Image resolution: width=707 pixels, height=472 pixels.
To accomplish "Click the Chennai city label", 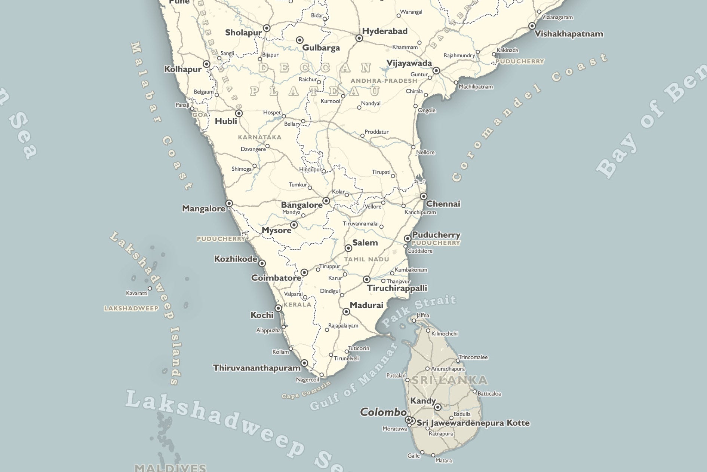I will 443,204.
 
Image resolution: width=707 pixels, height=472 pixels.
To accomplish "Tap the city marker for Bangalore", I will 326,201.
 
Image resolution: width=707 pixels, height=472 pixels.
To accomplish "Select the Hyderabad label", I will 385,31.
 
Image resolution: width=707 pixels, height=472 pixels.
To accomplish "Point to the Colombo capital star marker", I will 409,420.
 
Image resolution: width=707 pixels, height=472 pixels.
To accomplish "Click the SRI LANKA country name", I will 449,380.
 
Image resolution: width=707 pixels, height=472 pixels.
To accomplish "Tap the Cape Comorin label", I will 306,390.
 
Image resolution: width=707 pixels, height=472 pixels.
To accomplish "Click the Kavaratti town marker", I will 150,288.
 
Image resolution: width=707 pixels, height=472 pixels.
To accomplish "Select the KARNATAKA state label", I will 259,137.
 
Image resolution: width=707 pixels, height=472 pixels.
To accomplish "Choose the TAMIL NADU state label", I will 366,259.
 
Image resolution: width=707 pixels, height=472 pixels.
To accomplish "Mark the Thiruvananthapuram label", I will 256,368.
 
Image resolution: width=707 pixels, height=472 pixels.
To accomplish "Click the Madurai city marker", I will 346,311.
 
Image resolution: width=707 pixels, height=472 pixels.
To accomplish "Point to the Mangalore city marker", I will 229,203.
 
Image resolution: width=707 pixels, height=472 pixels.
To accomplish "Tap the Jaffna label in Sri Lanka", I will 423,316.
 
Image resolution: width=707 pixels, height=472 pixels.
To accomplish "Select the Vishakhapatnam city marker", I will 532,26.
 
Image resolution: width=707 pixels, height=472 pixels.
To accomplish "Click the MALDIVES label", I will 170,468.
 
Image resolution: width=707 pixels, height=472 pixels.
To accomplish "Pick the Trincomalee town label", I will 473,357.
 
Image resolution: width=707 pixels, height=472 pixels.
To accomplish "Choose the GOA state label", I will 200,115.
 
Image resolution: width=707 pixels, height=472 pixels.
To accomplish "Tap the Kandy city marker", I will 437,407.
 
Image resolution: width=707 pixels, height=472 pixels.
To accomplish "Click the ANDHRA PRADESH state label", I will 384,81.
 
